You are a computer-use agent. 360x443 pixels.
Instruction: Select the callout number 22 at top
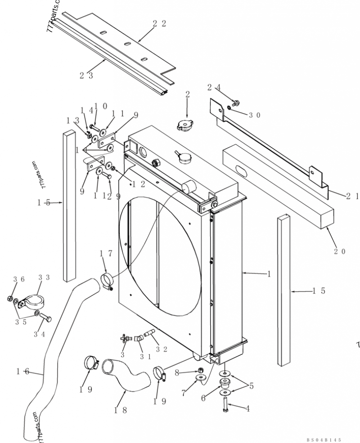159,24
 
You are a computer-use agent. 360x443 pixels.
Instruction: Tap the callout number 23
87,76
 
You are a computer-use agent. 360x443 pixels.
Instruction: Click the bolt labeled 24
234,102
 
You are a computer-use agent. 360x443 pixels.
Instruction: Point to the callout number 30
254,115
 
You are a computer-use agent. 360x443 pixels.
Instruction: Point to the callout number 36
18,279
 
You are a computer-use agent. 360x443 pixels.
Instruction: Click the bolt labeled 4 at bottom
225,410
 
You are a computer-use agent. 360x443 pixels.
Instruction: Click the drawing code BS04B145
324,439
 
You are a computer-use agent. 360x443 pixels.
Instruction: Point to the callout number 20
340,251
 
